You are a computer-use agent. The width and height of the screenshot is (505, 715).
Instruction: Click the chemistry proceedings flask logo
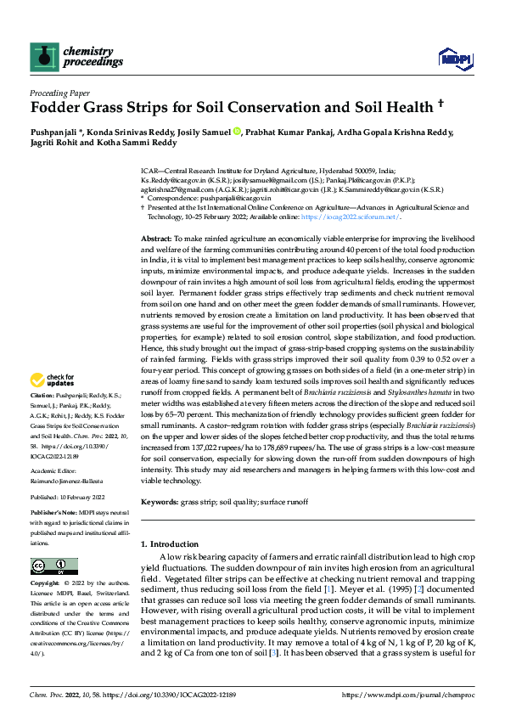(x=41, y=56)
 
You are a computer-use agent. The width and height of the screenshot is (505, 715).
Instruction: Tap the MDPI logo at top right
(x=450, y=58)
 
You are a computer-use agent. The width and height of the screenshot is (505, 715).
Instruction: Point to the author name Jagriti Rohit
(x=53, y=144)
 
